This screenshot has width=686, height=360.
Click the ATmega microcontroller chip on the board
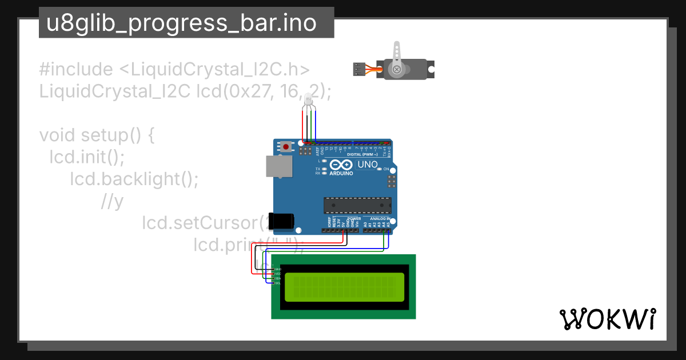point(358,205)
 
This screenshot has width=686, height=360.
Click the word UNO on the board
point(367,165)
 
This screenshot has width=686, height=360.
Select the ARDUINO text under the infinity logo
point(341,173)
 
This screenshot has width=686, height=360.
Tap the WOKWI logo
point(607,319)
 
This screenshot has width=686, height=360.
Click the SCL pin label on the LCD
point(278,283)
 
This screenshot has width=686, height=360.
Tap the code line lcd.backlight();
point(134,179)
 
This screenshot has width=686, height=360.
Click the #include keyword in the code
point(76,70)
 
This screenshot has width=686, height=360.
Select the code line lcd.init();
point(87,157)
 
